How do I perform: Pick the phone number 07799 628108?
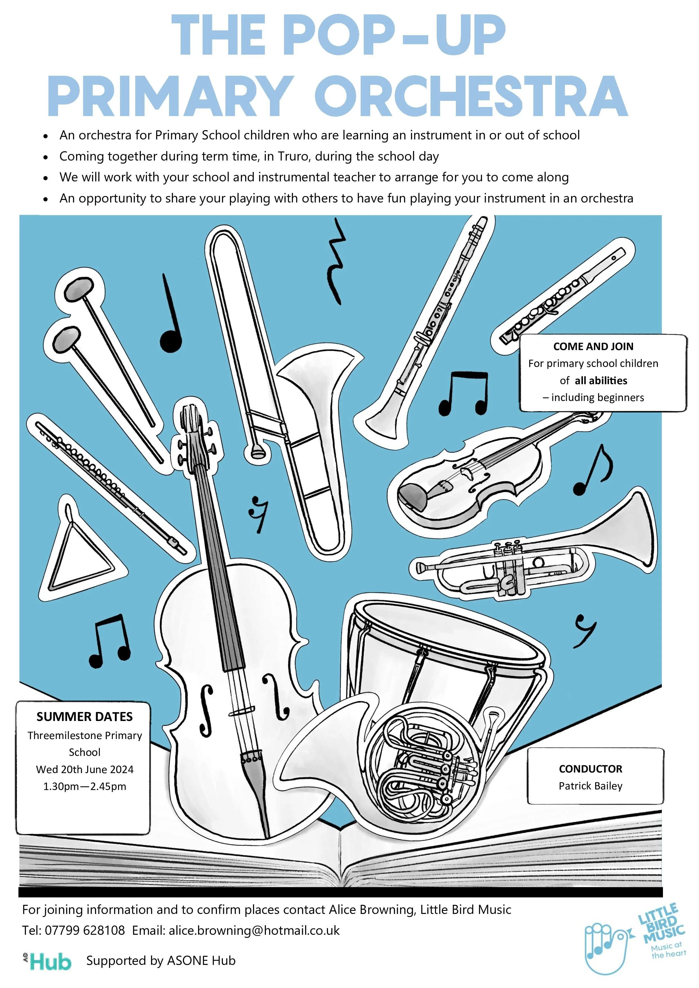click(x=85, y=930)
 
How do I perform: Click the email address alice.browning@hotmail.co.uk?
click(x=254, y=930)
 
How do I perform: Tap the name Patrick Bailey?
click(x=591, y=786)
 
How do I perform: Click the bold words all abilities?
click(x=601, y=380)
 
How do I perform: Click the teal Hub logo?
click(x=48, y=962)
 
